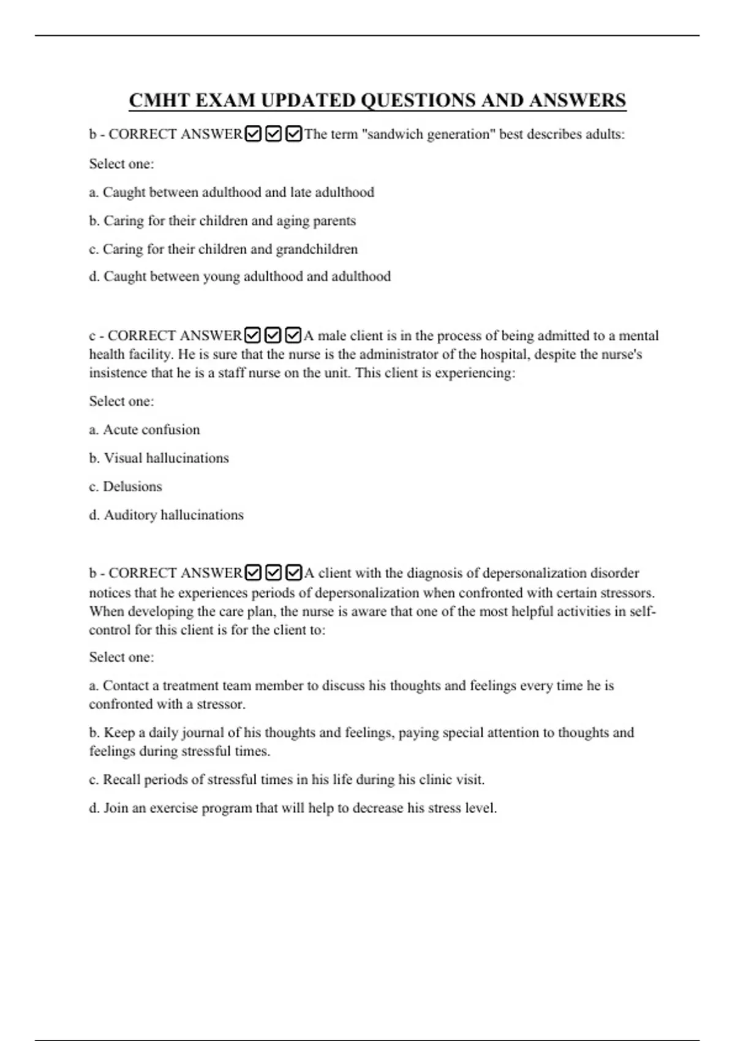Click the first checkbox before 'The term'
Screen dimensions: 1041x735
click(x=253, y=133)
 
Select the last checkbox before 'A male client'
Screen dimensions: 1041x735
click(x=293, y=336)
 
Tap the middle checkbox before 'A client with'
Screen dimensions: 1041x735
click(x=273, y=573)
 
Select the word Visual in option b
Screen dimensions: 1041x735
click(x=123, y=458)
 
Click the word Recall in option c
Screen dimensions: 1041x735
click(x=121, y=780)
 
